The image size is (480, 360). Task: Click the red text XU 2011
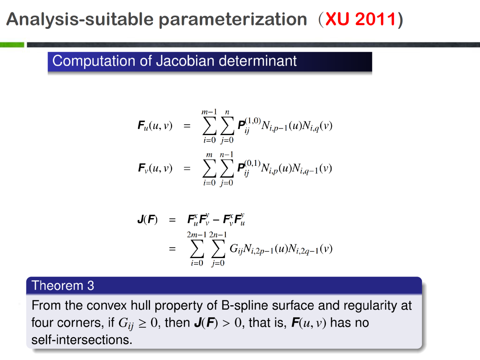[x=360, y=19]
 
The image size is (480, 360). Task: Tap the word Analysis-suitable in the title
[x=80, y=19]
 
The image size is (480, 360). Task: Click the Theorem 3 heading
[x=63, y=285]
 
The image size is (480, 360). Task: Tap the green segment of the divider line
[x=12, y=45]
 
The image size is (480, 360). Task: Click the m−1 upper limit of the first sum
[x=209, y=112]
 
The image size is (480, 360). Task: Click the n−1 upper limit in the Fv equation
[x=226, y=155]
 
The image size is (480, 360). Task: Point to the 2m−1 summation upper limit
[x=196, y=235]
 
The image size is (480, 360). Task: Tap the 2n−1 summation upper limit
[x=218, y=235]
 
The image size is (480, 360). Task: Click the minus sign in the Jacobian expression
[x=216, y=220]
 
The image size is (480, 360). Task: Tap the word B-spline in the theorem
[x=244, y=306]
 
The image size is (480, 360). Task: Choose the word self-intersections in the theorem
[x=82, y=340]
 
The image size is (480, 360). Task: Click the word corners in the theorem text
[x=81, y=323]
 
